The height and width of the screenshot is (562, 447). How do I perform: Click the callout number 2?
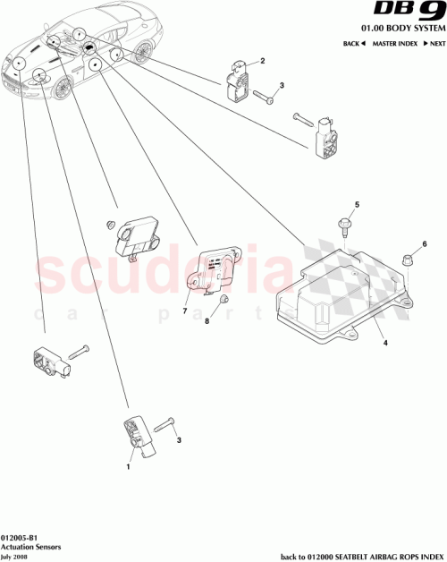point(263,61)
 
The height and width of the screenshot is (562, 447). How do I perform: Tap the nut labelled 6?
point(404,260)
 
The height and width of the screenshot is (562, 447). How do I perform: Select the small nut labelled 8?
point(225,300)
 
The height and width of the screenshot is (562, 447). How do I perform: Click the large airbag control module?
point(331,291)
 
